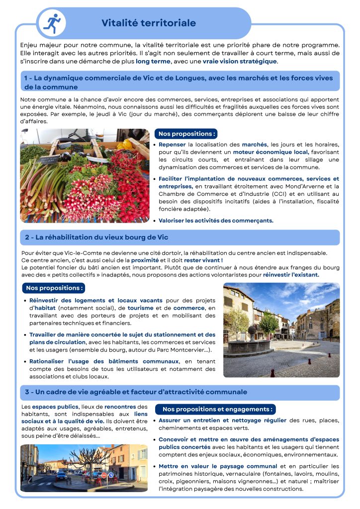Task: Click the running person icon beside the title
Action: pos(51,23)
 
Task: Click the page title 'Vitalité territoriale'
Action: pos(149,23)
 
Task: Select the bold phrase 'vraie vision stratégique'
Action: pos(246,61)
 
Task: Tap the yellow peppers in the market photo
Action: pos(125,145)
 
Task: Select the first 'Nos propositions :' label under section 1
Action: pos(186,134)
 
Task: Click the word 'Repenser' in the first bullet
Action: pos(172,145)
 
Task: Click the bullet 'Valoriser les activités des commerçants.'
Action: pos(216,220)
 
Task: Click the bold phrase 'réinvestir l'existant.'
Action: pos(291,274)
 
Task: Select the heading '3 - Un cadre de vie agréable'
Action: pos(136,392)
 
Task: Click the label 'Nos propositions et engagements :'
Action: pos(218,409)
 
